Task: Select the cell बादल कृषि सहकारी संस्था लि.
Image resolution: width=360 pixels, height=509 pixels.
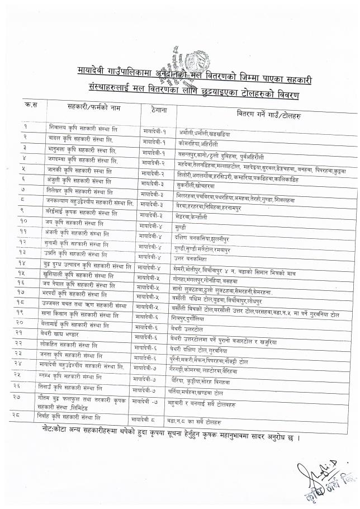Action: click(x=82, y=137)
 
